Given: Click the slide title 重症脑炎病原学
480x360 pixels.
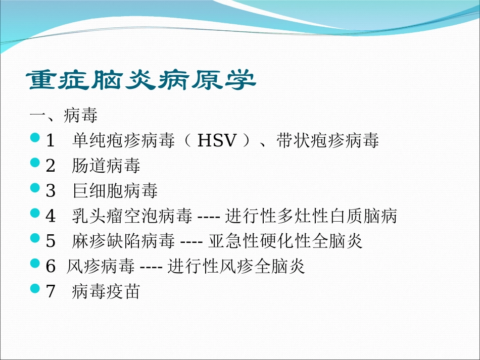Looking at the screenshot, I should click(x=142, y=80).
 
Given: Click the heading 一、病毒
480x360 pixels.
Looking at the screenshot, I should click(x=64, y=116).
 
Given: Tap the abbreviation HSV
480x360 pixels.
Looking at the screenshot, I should click(x=217, y=141).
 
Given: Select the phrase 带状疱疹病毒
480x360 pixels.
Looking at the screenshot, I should click(x=327, y=141).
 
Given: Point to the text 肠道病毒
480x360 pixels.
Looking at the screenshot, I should click(x=106, y=166).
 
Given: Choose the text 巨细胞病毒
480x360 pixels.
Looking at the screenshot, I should click(x=115, y=191).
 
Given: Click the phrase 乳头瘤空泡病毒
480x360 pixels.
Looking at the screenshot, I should click(x=132, y=216).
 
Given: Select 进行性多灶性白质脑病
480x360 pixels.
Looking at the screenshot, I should click(x=311, y=216).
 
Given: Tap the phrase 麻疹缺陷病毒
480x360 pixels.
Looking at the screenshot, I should click(x=123, y=241).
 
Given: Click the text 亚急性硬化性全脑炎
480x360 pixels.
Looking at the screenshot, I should click(x=285, y=241).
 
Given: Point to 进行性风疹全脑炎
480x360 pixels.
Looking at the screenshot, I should click(x=236, y=267).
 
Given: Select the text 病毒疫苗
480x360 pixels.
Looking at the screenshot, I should click(x=106, y=292).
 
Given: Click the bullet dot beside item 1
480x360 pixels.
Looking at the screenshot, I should click(x=34, y=137).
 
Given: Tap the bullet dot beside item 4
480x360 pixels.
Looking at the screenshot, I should click(x=34, y=213).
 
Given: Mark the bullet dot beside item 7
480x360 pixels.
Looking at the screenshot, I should click(x=34, y=288).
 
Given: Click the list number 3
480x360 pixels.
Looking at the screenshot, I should click(x=50, y=191).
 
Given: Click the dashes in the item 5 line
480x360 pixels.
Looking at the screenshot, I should click(x=191, y=242).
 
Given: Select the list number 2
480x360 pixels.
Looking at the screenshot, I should click(x=50, y=166).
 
